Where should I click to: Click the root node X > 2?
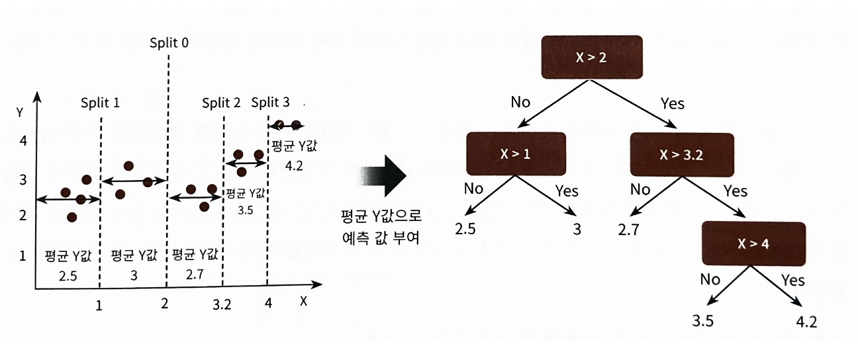[x=591, y=58]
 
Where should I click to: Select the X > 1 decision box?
[x=516, y=155]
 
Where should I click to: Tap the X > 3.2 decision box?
[x=681, y=155]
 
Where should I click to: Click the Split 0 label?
[x=169, y=43]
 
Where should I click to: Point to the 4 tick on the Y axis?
[x=23, y=141]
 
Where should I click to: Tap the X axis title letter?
[x=303, y=300]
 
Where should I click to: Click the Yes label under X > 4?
[x=793, y=280]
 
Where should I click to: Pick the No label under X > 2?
[x=521, y=103]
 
